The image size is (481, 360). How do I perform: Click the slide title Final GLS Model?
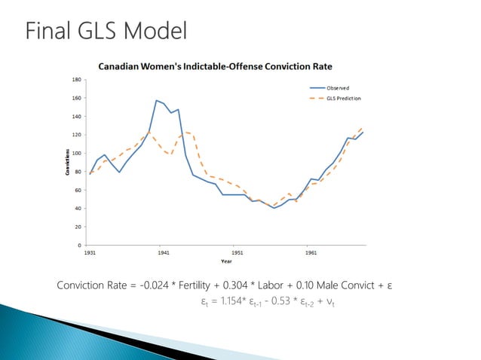tap(106, 32)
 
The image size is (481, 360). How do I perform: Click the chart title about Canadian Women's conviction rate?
tap(216, 66)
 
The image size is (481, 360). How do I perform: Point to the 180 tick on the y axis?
tap(78, 79)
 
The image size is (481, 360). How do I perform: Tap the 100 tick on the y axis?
tap(78, 153)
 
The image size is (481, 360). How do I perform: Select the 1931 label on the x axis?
tap(89, 253)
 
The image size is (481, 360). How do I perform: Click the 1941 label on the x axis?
tap(163, 253)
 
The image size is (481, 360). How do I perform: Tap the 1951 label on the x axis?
tap(237, 253)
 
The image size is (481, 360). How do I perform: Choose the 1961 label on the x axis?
tap(311, 253)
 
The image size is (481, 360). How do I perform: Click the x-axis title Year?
tap(226, 261)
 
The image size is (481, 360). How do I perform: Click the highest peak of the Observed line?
tap(156, 100)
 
